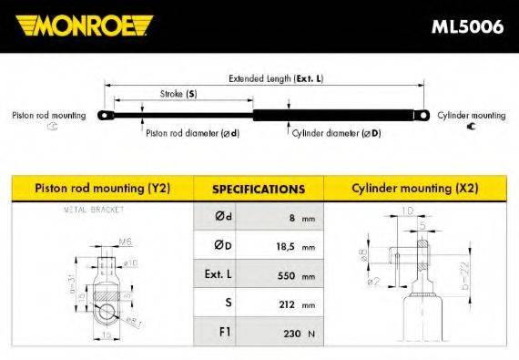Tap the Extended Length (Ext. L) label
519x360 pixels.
[274, 78]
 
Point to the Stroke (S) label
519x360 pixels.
[178, 95]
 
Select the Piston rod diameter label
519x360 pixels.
[192, 133]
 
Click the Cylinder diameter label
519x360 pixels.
[336, 133]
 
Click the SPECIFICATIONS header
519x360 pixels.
[258, 190]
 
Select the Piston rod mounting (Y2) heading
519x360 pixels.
[102, 189]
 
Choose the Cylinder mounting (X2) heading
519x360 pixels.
[414, 189]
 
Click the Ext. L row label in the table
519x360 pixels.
[225, 275]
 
